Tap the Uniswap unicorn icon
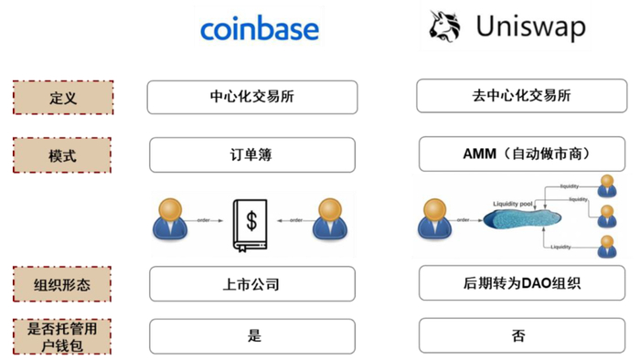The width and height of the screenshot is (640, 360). click(445, 28)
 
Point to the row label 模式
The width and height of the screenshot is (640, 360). click(62, 154)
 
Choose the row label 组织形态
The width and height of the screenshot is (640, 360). click(62, 284)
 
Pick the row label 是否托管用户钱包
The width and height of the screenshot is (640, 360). click(62, 336)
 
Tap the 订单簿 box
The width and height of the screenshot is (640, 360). click(251, 154)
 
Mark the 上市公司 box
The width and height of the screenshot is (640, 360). click(251, 284)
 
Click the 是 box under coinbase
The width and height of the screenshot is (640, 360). click(251, 336)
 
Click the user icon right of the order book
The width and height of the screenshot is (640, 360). click(330, 218)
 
